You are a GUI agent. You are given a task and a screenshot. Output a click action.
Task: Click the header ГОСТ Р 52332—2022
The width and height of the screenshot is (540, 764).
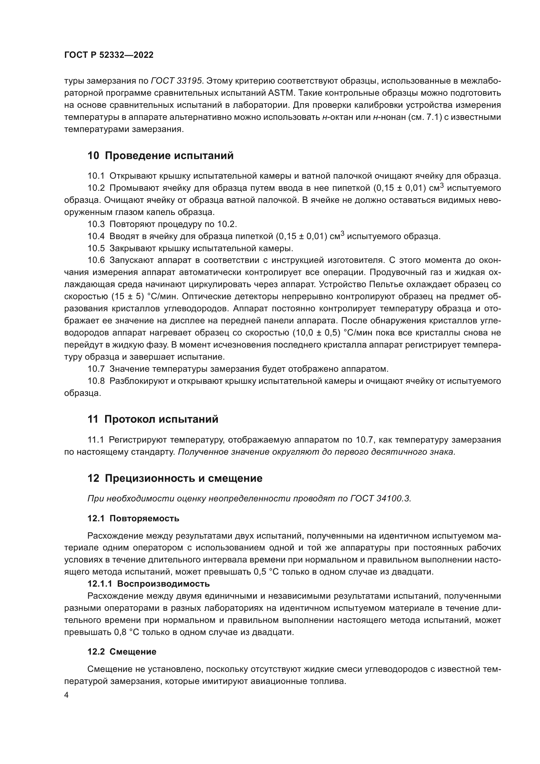pos(109,55)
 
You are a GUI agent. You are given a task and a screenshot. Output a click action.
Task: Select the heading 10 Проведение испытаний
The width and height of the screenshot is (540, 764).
pos(160,155)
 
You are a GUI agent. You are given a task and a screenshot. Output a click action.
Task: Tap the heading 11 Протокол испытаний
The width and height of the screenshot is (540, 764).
pos(153,419)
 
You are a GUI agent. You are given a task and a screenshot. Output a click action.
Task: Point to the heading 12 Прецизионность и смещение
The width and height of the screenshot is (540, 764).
pos(175,479)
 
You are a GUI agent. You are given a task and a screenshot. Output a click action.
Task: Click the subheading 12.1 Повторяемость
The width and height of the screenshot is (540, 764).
pos(133,518)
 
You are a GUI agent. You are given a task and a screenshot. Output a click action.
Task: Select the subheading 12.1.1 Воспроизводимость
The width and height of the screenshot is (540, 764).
pos(148,584)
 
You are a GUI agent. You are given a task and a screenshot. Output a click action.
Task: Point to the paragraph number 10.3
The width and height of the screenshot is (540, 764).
pos(96,224)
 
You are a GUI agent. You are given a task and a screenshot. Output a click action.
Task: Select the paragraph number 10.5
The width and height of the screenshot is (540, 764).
pos(96,248)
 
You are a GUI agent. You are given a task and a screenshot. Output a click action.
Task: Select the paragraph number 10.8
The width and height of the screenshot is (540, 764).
pos(96,381)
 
